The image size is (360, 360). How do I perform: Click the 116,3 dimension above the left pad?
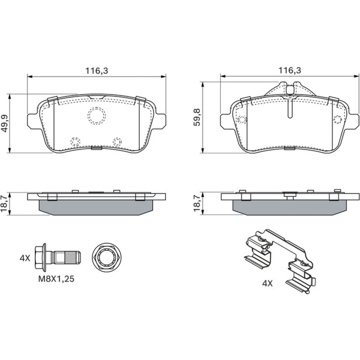[96, 71]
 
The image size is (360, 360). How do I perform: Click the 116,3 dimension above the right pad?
[289, 70]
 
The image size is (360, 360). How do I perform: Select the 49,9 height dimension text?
[5, 123]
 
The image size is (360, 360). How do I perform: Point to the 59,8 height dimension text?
[197, 117]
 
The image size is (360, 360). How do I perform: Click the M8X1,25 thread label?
[56, 279]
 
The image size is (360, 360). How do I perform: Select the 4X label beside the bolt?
[25, 258]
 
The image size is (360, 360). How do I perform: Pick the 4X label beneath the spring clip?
[267, 284]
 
